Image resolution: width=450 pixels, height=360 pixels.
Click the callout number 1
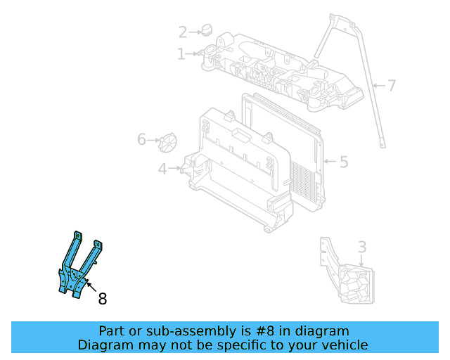pyautogui.click(x=181, y=53)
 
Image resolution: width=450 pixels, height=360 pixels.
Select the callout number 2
pyautogui.click(x=183, y=32)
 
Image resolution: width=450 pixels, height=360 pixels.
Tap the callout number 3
pyautogui.click(x=361, y=247)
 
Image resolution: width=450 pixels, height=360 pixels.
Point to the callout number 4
pyautogui.click(x=162, y=169)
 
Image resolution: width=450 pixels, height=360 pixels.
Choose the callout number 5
pyautogui.click(x=343, y=162)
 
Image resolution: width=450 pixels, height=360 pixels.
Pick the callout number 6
pyautogui.click(x=141, y=140)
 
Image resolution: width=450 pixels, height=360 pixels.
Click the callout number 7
pyautogui.click(x=392, y=86)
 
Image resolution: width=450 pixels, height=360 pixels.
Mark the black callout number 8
pyautogui.click(x=103, y=299)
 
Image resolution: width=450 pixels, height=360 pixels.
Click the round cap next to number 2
pyautogui.click(x=206, y=30)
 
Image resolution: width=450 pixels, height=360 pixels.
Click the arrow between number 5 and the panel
pyautogui.click(x=329, y=162)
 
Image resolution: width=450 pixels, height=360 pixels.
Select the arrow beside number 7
pyautogui.click(x=378, y=86)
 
